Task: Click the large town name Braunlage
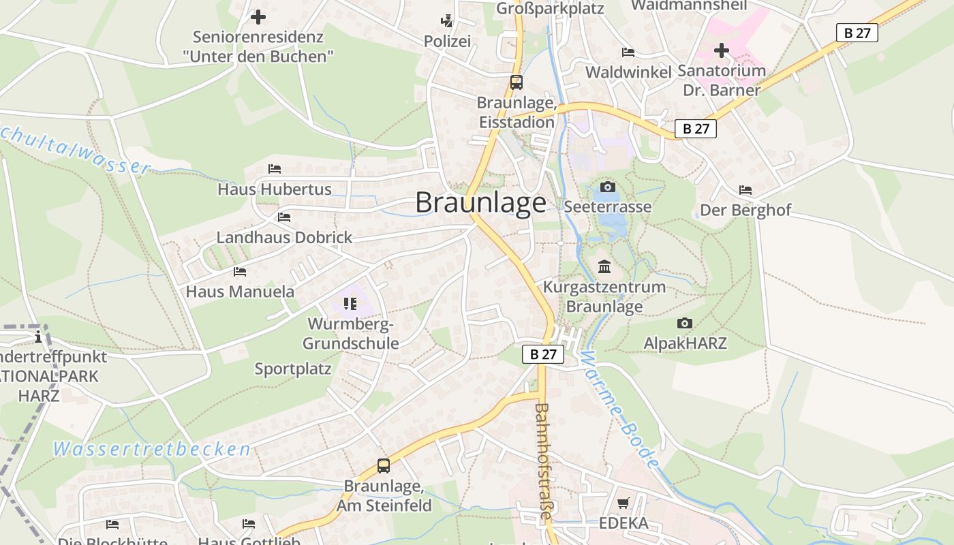click(480, 202)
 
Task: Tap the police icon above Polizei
click(447, 21)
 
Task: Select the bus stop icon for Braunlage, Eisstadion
click(517, 82)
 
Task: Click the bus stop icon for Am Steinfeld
click(384, 466)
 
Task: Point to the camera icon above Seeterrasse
click(607, 187)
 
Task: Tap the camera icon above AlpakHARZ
click(685, 323)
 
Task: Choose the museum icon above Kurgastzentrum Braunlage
click(604, 266)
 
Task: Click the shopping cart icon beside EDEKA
click(623, 503)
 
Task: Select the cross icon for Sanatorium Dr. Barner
click(722, 50)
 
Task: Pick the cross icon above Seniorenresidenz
click(258, 17)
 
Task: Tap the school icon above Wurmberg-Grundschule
click(350, 303)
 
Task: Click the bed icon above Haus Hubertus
click(275, 168)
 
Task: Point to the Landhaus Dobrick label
click(284, 237)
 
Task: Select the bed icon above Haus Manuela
click(240, 271)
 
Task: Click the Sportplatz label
click(293, 369)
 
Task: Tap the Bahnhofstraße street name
click(542, 461)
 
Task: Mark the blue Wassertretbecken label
click(152, 449)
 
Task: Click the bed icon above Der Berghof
click(745, 189)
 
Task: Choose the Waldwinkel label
click(628, 72)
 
